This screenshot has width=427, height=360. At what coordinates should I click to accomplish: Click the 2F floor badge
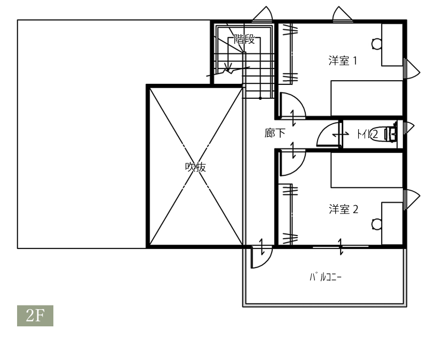click(x=35, y=316)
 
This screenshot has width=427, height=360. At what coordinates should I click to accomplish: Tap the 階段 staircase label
click(x=244, y=39)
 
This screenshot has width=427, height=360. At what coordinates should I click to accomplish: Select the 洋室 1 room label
click(x=343, y=60)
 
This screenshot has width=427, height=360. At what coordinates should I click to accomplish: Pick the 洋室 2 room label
click(x=343, y=209)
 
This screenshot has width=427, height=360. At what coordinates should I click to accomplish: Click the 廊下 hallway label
click(x=275, y=132)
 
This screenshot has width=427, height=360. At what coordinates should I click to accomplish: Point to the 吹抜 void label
click(x=195, y=167)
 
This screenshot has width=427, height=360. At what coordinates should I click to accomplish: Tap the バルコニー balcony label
click(x=326, y=277)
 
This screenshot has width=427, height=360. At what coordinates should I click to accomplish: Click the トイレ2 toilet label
click(x=367, y=134)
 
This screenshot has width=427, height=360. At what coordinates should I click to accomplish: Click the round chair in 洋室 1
click(x=377, y=44)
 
